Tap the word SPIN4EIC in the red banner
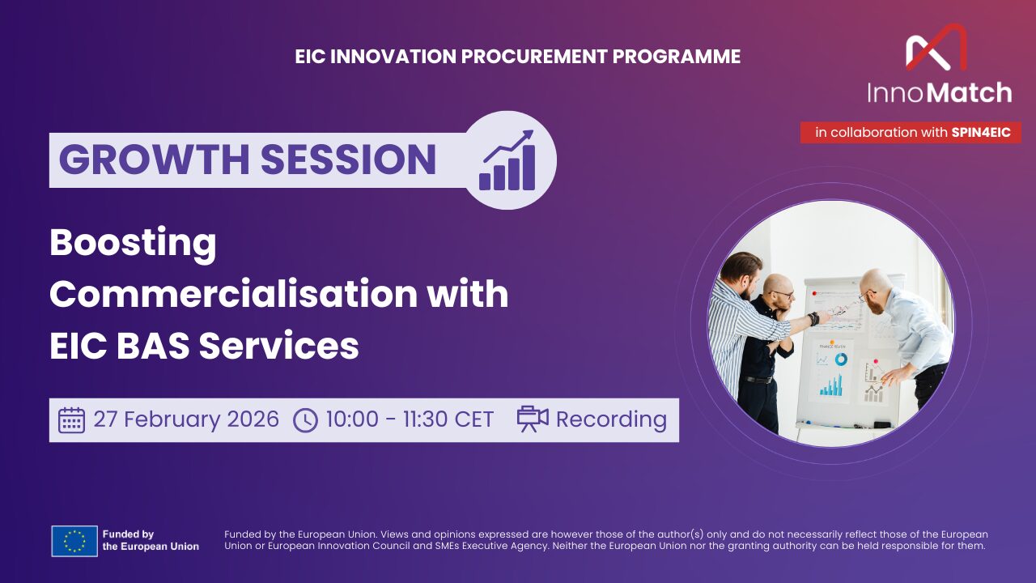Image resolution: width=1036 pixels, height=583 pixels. [981, 133]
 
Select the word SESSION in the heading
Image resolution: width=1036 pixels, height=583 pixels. [349, 160]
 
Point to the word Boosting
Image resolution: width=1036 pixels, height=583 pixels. [133, 243]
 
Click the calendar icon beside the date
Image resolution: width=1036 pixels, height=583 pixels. [71, 420]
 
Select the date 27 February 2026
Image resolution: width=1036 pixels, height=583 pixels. [186, 420]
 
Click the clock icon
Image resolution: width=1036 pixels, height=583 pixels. [305, 420]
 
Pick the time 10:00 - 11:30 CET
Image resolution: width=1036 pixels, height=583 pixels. [410, 420]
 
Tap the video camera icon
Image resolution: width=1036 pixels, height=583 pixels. [532, 419]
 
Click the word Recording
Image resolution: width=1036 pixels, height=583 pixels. [611, 420]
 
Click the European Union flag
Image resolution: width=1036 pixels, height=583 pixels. [74, 540]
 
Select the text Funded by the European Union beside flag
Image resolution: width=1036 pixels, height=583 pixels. [150, 540]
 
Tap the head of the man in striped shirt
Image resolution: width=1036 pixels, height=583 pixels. [741, 269]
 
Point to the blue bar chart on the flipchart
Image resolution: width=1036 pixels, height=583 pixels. [831, 387]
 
